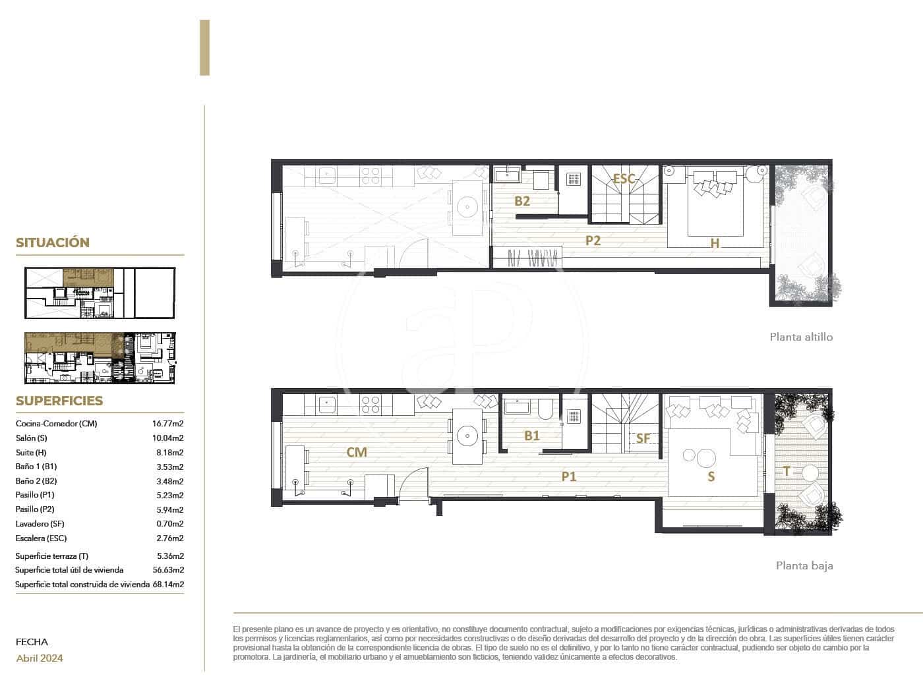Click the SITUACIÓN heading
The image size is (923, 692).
tap(53, 243)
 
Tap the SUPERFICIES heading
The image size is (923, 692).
tap(59, 401)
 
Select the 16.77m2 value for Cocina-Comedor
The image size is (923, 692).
tap(167, 424)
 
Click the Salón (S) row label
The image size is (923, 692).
tap(32, 438)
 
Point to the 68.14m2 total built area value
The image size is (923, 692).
tap(168, 584)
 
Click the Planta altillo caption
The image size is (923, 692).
tap(801, 337)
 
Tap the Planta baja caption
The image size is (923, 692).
tap(804, 565)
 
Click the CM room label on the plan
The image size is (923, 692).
tap(357, 452)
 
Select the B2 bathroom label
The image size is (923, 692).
tap(522, 201)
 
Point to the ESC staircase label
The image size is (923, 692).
tap(624, 179)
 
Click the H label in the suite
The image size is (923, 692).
tap(715, 243)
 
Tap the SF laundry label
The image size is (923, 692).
tap(643, 438)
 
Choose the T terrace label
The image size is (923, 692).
tap(787, 471)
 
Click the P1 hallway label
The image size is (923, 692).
tap(569, 476)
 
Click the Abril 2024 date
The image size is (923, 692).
tap(40, 658)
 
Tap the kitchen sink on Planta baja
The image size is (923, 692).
tap(327, 404)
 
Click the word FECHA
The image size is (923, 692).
tap(32, 641)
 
